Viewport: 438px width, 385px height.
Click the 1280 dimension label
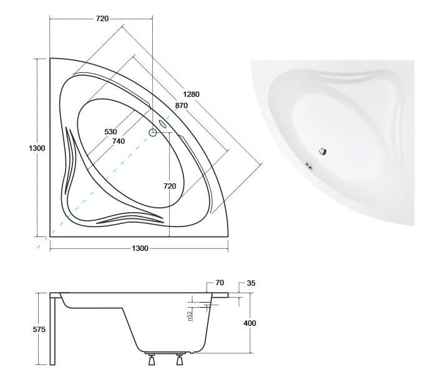pos(192,94)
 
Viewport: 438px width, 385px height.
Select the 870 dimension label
pos(182,105)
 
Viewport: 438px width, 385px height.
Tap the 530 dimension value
pos(110,132)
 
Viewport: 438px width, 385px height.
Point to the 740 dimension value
pos(119,141)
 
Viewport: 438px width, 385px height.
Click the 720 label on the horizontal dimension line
pos(102,19)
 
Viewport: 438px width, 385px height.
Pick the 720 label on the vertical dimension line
pos(170,186)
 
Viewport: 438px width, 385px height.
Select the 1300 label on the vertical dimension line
pos(37,148)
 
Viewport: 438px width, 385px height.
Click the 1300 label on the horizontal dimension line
pos(140,248)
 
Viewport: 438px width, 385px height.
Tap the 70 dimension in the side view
pos(220,283)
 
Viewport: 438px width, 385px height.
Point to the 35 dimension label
pos(251,283)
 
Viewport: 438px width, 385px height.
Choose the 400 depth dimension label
pos(250,323)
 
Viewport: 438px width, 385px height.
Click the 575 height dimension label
pos(39,329)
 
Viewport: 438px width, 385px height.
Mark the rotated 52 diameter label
pos(190,316)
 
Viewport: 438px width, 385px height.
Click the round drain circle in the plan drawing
pos(152,132)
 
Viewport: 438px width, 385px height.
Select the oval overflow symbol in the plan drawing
pos(163,124)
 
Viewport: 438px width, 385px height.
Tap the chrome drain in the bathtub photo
pos(323,151)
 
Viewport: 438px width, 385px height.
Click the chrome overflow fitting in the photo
pos(309,165)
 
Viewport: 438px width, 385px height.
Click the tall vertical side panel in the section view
pos(52,331)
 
